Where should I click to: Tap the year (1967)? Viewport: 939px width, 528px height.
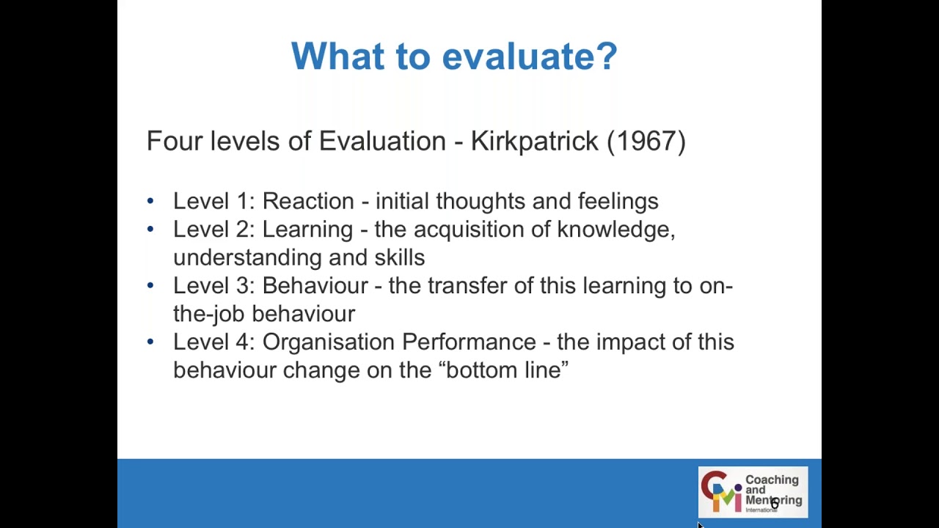click(646, 141)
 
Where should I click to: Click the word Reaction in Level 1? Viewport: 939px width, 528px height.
click(308, 201)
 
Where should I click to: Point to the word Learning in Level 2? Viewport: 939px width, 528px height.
click(307, 230)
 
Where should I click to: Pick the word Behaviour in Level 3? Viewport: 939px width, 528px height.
click(315, 286)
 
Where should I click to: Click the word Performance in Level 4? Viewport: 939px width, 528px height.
click(469, 342)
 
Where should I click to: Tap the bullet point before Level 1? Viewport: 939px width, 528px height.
click(150, 200)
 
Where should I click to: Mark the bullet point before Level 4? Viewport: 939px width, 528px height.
click(150, 341)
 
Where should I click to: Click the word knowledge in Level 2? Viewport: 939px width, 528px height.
click(615, 230)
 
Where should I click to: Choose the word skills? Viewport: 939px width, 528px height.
click(400, 258)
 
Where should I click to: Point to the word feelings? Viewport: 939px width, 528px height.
click(618, 201)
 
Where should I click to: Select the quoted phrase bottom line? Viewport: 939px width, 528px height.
click(503, 370)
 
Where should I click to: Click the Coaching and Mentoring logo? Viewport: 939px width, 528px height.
click(752, 491)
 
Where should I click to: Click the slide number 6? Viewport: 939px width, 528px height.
click(774, 504)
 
